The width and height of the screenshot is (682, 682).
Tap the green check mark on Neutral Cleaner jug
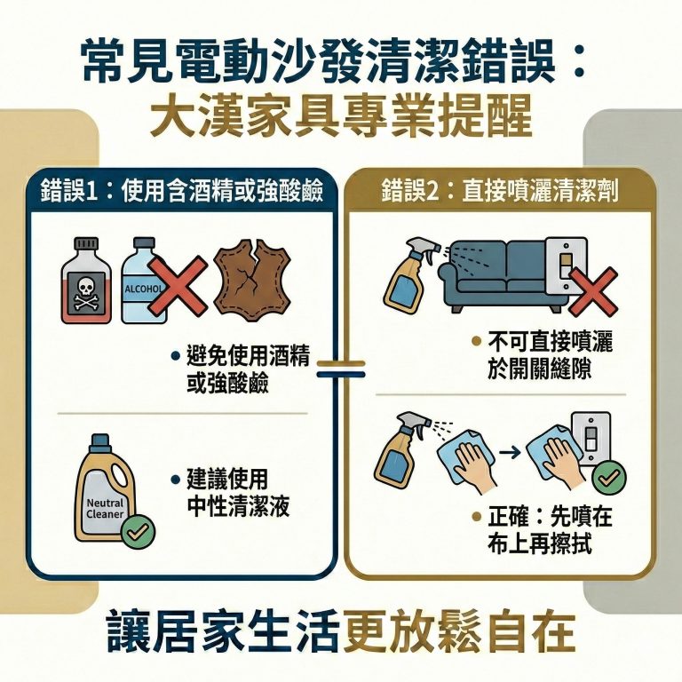pyautogui.click(x=139, y=532)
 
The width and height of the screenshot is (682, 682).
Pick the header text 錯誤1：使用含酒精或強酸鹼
pyautogui.click(x=181, y=189)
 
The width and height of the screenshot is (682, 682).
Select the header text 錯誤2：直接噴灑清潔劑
pyautogui.click(x=500, y=189)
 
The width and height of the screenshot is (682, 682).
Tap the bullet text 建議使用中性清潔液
pyautogui.click(x=233, y=494)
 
